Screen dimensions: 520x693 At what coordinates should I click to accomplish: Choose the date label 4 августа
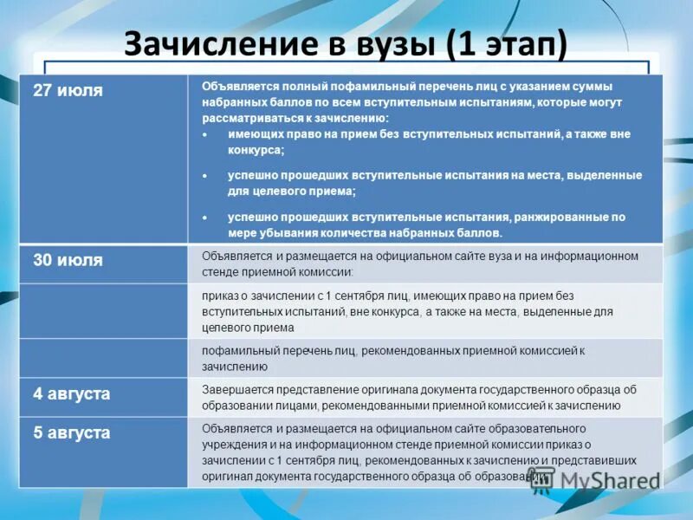72,393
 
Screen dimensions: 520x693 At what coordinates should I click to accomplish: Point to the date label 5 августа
72,433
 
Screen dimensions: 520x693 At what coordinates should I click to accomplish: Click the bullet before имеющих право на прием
204,135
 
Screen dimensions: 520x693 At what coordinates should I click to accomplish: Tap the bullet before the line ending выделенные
204,176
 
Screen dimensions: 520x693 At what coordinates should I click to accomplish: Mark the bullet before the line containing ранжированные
204,218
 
